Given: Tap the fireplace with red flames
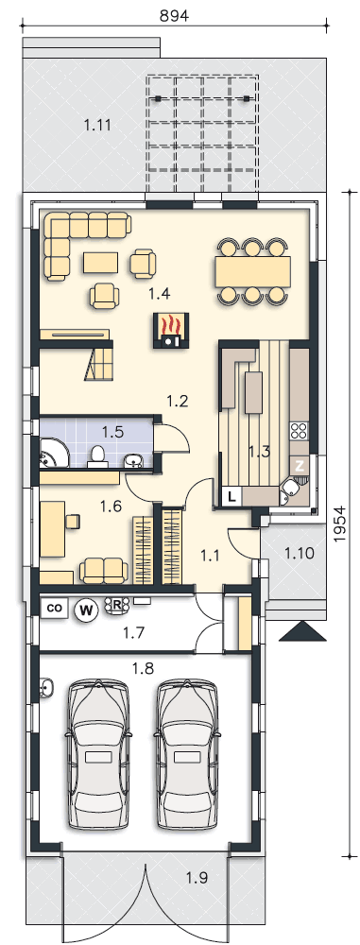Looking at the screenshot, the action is (x=170, y=330).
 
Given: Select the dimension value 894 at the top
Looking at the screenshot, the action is (x=174, y=16).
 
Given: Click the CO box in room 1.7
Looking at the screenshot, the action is (x=54, y=609).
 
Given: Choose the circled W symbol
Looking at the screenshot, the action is (x=88, y=610).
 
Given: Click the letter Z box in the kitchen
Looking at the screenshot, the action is (x=300, y=465).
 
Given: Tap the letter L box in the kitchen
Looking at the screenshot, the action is (x=232, y=497).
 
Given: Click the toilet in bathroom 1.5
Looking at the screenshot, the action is (x=96, y=456).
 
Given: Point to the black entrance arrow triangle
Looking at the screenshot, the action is (x=302, y=631).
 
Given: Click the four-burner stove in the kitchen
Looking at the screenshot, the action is (x=300, y=430).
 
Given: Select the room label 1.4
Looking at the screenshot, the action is (x=159, y=294).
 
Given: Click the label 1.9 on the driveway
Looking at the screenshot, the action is (x=197, y=878).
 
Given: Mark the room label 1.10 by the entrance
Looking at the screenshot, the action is (x=300, y=553).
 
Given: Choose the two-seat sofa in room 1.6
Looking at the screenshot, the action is (x=104, y=570).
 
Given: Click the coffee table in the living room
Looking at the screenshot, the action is (x=100, y=263).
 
